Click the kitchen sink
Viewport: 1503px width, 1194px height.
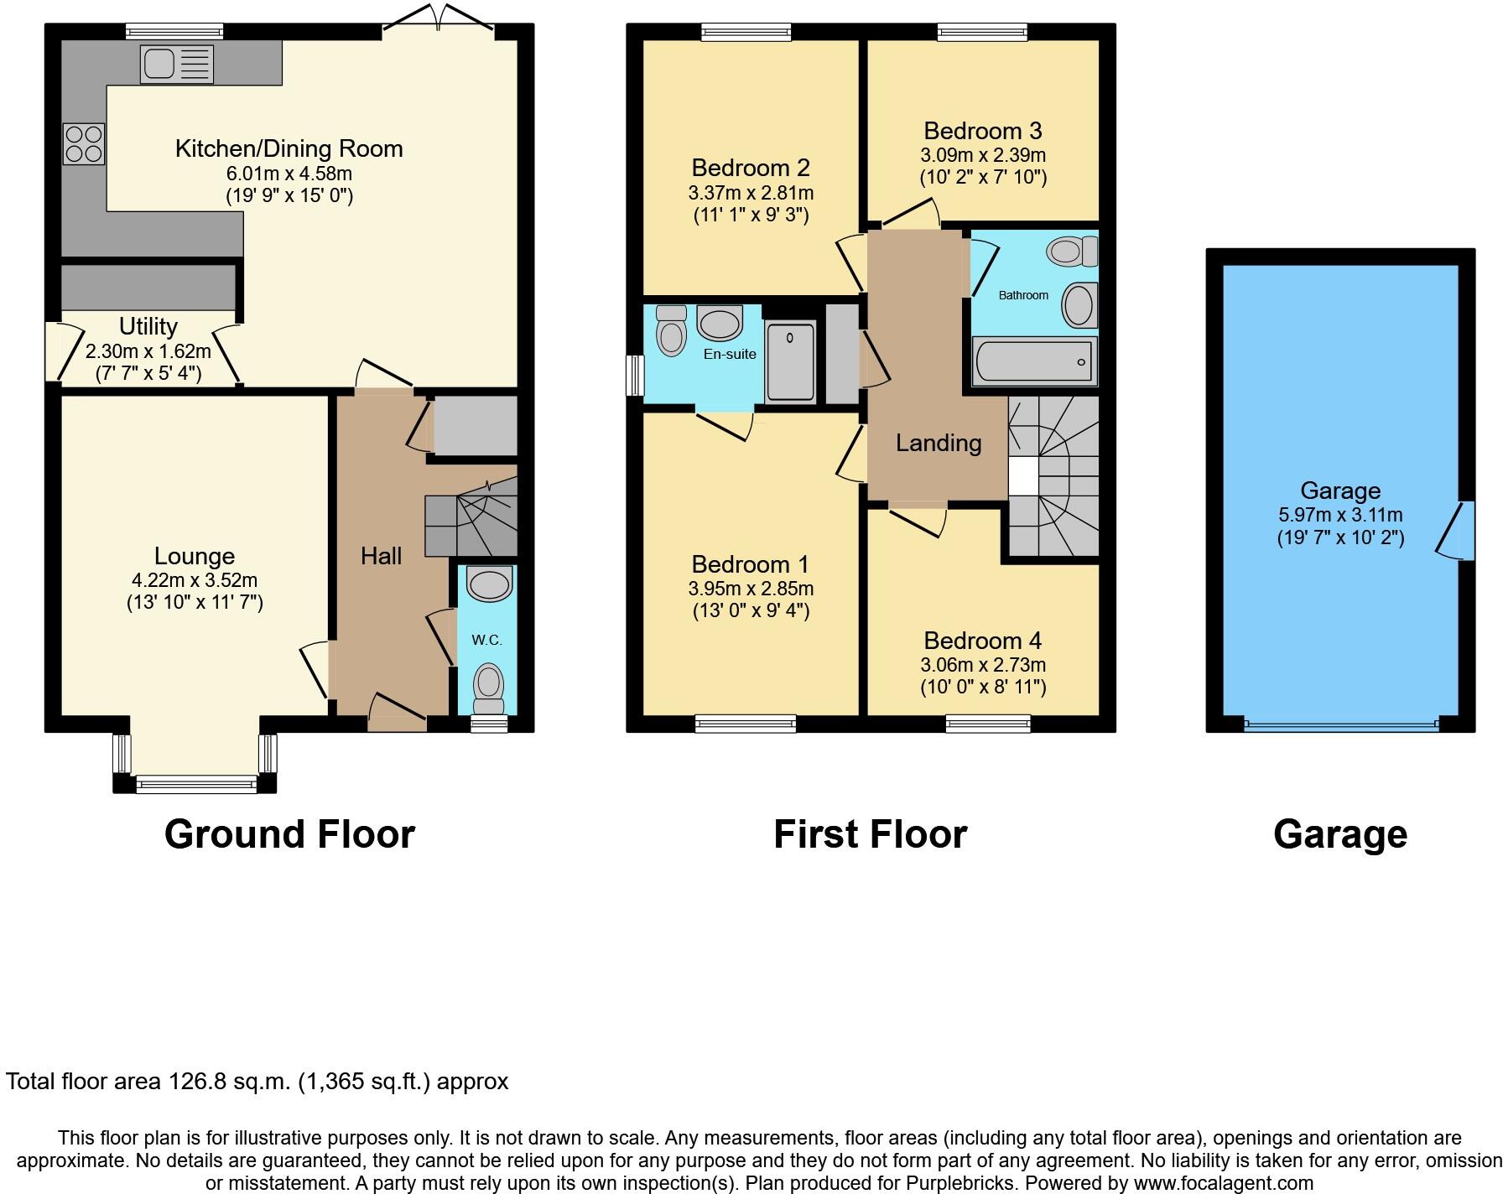click(177, 64)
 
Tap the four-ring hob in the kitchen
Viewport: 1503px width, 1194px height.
click(83, 143)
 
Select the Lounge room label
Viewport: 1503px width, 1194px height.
click(195, 556)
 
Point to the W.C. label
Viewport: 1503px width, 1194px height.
click(486, 640)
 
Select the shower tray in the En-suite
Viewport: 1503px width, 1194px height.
click(790, 361)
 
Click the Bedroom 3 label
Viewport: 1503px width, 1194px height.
click(982, 131)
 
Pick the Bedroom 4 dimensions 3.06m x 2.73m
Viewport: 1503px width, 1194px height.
click(982, 665)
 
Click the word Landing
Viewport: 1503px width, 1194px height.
click(939, 443)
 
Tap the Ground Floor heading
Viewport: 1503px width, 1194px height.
click(289, 834)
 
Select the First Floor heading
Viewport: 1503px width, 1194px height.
click(870, 834)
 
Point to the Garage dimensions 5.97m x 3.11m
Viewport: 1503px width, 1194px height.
click(1339, 515)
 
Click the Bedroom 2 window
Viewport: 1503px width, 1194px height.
click(746, 32)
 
